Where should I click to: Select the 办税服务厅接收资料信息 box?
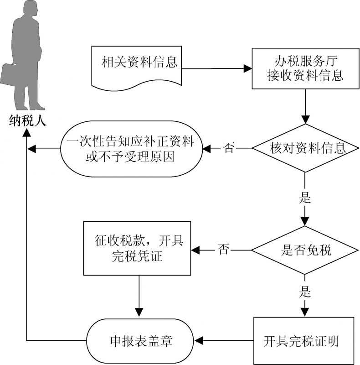(303, 68)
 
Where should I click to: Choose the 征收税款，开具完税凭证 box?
(137, 249)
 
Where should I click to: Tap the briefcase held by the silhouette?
(10, 75)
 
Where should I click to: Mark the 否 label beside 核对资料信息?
(229, 148)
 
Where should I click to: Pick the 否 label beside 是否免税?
(223, 250)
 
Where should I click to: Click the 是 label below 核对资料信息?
(304, 198)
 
